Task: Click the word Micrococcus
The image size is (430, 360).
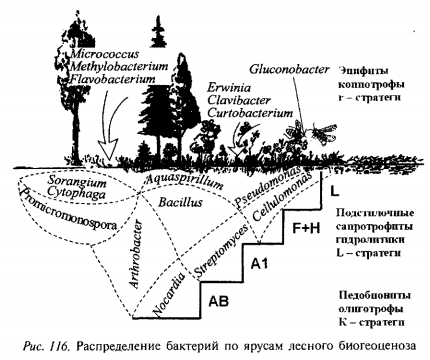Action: coord(104,54)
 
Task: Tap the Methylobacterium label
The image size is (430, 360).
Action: coord(119,66)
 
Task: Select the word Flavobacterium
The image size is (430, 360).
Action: coord(112,79)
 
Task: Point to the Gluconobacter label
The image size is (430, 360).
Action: coord(289,69)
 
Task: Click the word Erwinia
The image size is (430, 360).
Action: coord(229,88)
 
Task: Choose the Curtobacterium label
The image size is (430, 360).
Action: coord(250,113)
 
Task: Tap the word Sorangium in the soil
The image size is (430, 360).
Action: coord(77,182)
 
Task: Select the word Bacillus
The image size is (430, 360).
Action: coord(180,202)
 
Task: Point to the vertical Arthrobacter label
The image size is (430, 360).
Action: coord(136,254)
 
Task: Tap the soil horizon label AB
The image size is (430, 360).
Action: coord(219,301)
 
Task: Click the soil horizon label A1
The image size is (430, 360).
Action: coord(259,264)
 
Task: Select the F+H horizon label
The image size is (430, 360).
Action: coord(306,229)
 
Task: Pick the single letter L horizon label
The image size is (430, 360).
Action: coord(334,191)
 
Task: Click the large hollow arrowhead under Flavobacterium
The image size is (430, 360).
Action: coord(108,149)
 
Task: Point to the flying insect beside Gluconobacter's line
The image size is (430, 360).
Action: coord(323,132)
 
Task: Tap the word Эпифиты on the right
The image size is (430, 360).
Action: coord(364,71)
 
